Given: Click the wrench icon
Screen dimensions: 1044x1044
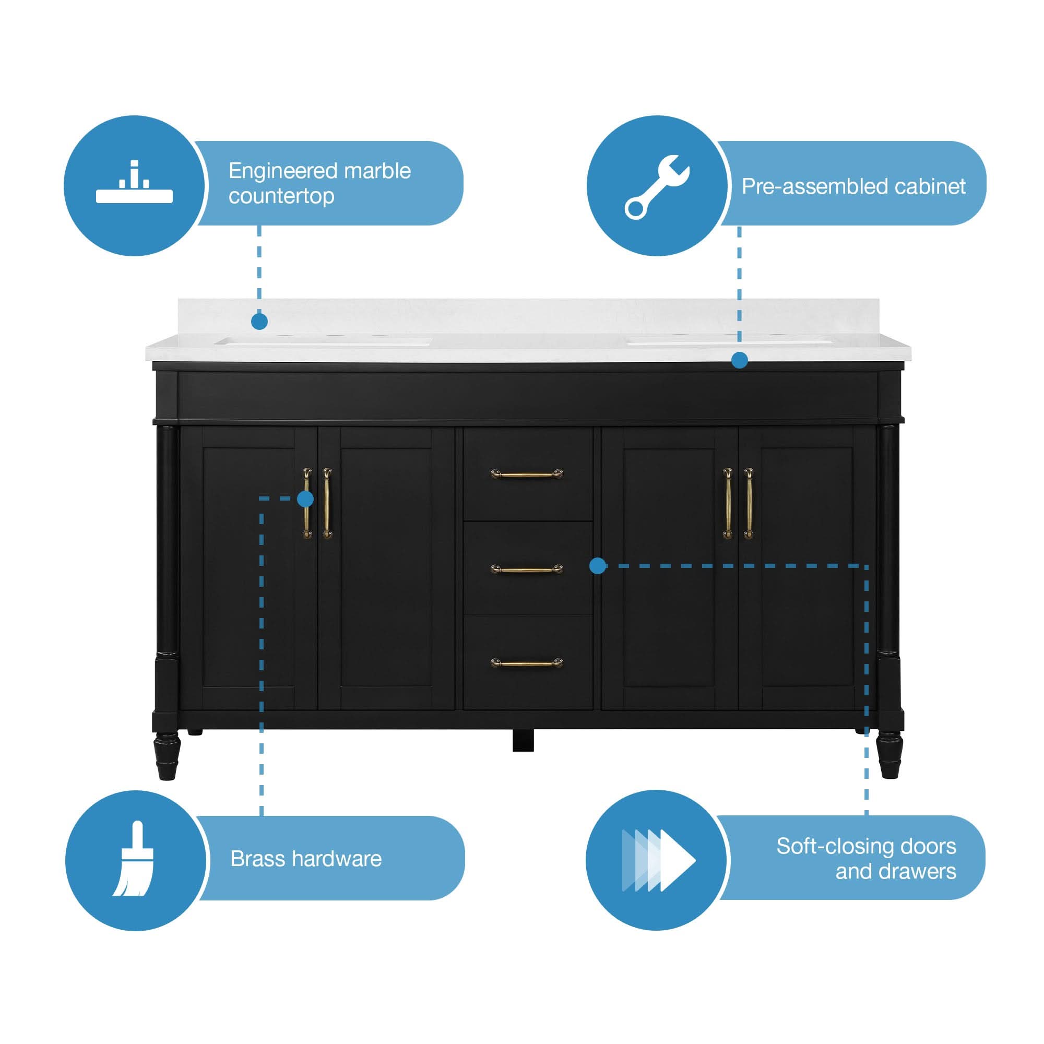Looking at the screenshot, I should (657, 186).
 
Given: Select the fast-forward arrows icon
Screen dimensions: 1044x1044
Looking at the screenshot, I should (658, 860).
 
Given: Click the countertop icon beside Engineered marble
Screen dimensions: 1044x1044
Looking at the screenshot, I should (134, 183).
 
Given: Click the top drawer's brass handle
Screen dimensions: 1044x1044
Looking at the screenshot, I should (526, 474).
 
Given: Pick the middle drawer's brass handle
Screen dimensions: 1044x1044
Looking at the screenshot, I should (526, 569).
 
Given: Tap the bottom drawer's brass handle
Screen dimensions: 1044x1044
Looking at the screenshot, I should (526, 663).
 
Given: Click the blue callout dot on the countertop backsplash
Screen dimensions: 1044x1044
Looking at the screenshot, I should (259, 322).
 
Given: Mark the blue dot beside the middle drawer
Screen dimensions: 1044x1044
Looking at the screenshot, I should (597, 566).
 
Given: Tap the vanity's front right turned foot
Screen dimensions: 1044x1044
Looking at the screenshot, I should (889, 755).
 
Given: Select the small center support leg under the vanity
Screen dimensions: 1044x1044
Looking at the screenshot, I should (523, 740).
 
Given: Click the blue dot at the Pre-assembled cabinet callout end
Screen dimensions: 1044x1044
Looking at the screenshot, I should (739, 360).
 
